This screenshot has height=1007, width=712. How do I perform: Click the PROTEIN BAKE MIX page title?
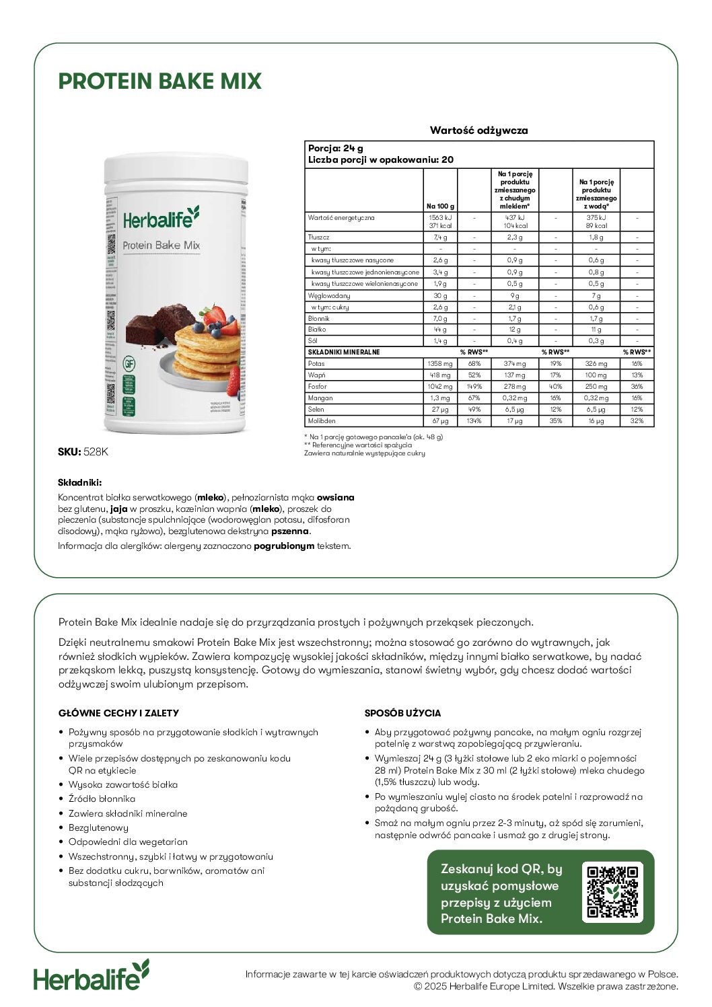(159, 81)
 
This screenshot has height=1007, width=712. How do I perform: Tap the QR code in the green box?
(612, 892)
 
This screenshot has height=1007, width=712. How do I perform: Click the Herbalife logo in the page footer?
(92, 976)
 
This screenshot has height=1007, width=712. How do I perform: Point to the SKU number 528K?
(96, 452)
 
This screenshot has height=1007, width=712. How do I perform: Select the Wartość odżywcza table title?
(478, 130)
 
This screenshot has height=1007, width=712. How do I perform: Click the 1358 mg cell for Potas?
(440, 364)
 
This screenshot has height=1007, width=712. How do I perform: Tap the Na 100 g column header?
(440, 206)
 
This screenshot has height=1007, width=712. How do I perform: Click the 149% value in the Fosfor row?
(474, 387)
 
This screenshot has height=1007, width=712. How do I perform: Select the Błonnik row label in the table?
(319, 318)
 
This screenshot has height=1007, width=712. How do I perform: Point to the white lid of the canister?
(176, 168)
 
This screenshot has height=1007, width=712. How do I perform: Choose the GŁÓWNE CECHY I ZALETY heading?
(118, 713)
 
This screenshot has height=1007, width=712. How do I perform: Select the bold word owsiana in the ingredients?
(335, 498)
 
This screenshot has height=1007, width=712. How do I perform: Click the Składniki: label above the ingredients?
(79, 482)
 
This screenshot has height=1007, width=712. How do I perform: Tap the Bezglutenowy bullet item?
(98, 828)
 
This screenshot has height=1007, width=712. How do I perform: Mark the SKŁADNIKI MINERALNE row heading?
(344, 352)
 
